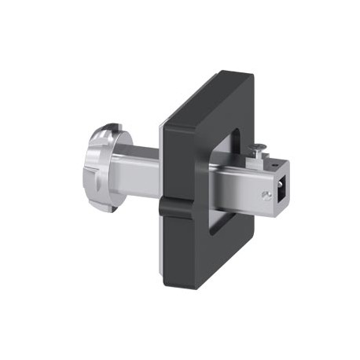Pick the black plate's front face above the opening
pyautogui.click(x=208, y=106)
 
